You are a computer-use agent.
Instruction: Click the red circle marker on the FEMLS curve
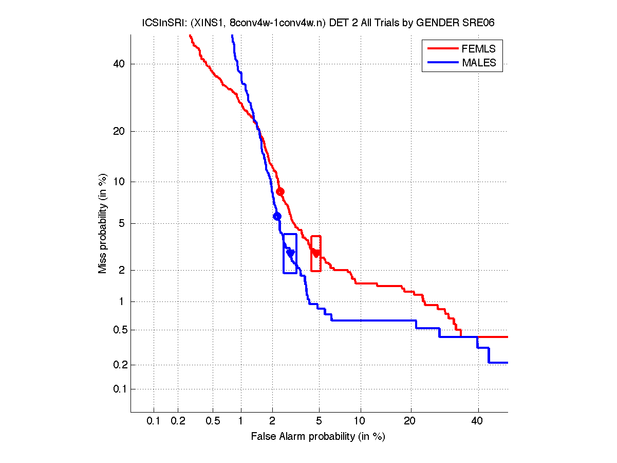coord(280,191)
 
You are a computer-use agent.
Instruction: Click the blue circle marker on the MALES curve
coord(277,216)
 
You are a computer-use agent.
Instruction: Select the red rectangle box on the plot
coord(316,254)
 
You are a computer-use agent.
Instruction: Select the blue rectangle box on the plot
coord(290,254)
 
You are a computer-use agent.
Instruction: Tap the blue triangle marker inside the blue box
coord(290,253)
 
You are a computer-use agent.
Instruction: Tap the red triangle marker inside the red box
coord(316,253)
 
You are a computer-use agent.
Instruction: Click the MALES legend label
coord(479,63)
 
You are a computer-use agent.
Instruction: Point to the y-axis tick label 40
coord(119,64)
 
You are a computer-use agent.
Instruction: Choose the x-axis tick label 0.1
coord(154,421)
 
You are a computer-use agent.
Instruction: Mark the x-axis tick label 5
coord(319,421)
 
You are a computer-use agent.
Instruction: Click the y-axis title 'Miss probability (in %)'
coord(103,223)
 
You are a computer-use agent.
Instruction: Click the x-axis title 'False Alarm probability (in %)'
coord(318,437)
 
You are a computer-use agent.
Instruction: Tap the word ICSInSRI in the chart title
coord(159,23)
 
